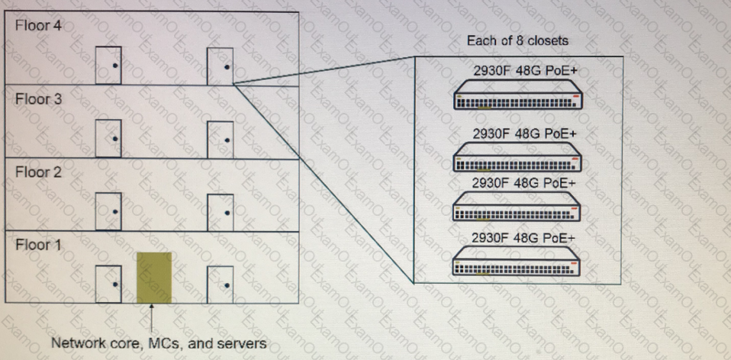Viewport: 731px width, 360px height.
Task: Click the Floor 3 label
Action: point(36,99)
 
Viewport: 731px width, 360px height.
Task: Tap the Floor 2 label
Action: point(36,172)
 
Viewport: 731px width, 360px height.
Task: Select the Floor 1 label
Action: point(36,245)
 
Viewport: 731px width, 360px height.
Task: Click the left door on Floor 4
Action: point(108,65)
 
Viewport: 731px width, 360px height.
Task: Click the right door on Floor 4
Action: point(220,65)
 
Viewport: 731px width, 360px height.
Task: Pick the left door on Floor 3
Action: point(108,138)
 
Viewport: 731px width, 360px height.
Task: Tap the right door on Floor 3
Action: point(220,138)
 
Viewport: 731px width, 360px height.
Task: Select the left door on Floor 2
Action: point(108,211)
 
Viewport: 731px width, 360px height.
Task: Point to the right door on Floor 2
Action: point(220,211)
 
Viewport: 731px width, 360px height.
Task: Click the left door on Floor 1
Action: point(108,284)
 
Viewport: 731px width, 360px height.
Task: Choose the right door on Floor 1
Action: point(220,284)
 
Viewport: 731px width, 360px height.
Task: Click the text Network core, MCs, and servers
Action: point(158,343)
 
